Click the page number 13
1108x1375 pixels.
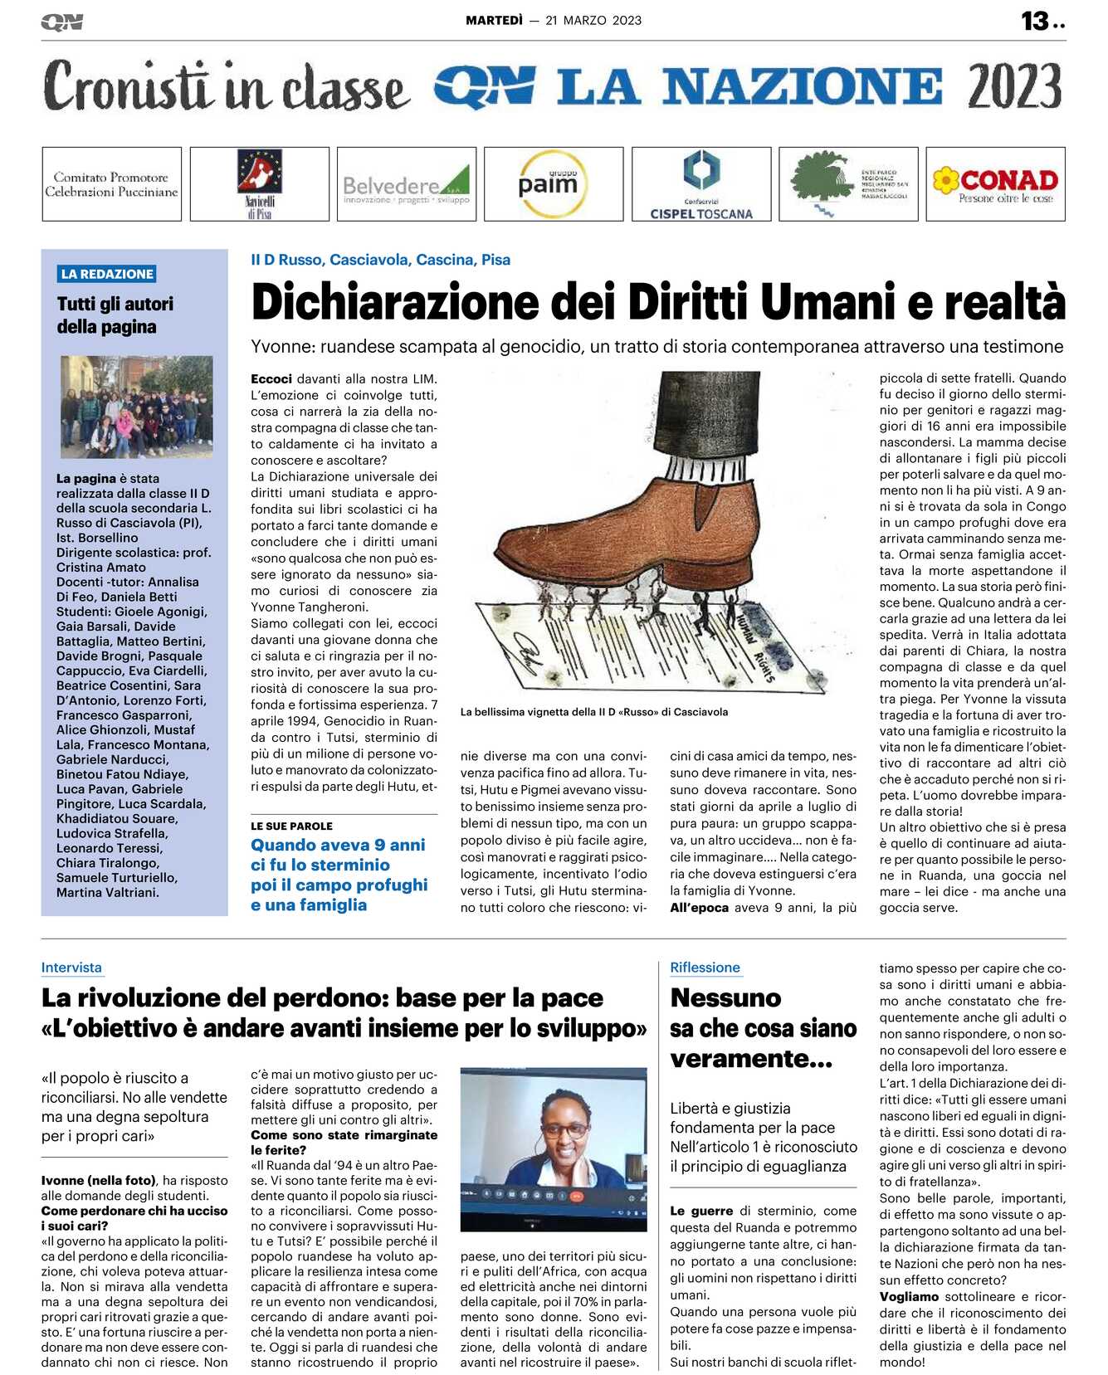coord(1035,21)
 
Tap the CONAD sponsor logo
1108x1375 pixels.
coord(995,184)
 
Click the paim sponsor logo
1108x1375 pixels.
coord(553,184)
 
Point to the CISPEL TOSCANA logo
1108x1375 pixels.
coord(701,184)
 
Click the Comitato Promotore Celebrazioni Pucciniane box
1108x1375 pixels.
coord(111,184)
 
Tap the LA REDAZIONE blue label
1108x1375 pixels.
coord(107,274)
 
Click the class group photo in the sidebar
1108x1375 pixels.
coord(137,407)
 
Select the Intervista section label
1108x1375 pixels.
coord(71,968)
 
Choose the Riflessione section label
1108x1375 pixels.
coord(705,968)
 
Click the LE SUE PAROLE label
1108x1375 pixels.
coord(291,826)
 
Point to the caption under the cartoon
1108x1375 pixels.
coord(593,712)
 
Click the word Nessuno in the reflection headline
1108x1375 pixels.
coord(725,997)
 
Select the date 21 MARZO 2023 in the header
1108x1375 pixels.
coord(593,21)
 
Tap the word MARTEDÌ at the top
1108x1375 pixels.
coord(494,21)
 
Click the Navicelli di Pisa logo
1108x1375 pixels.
coord(259,184)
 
